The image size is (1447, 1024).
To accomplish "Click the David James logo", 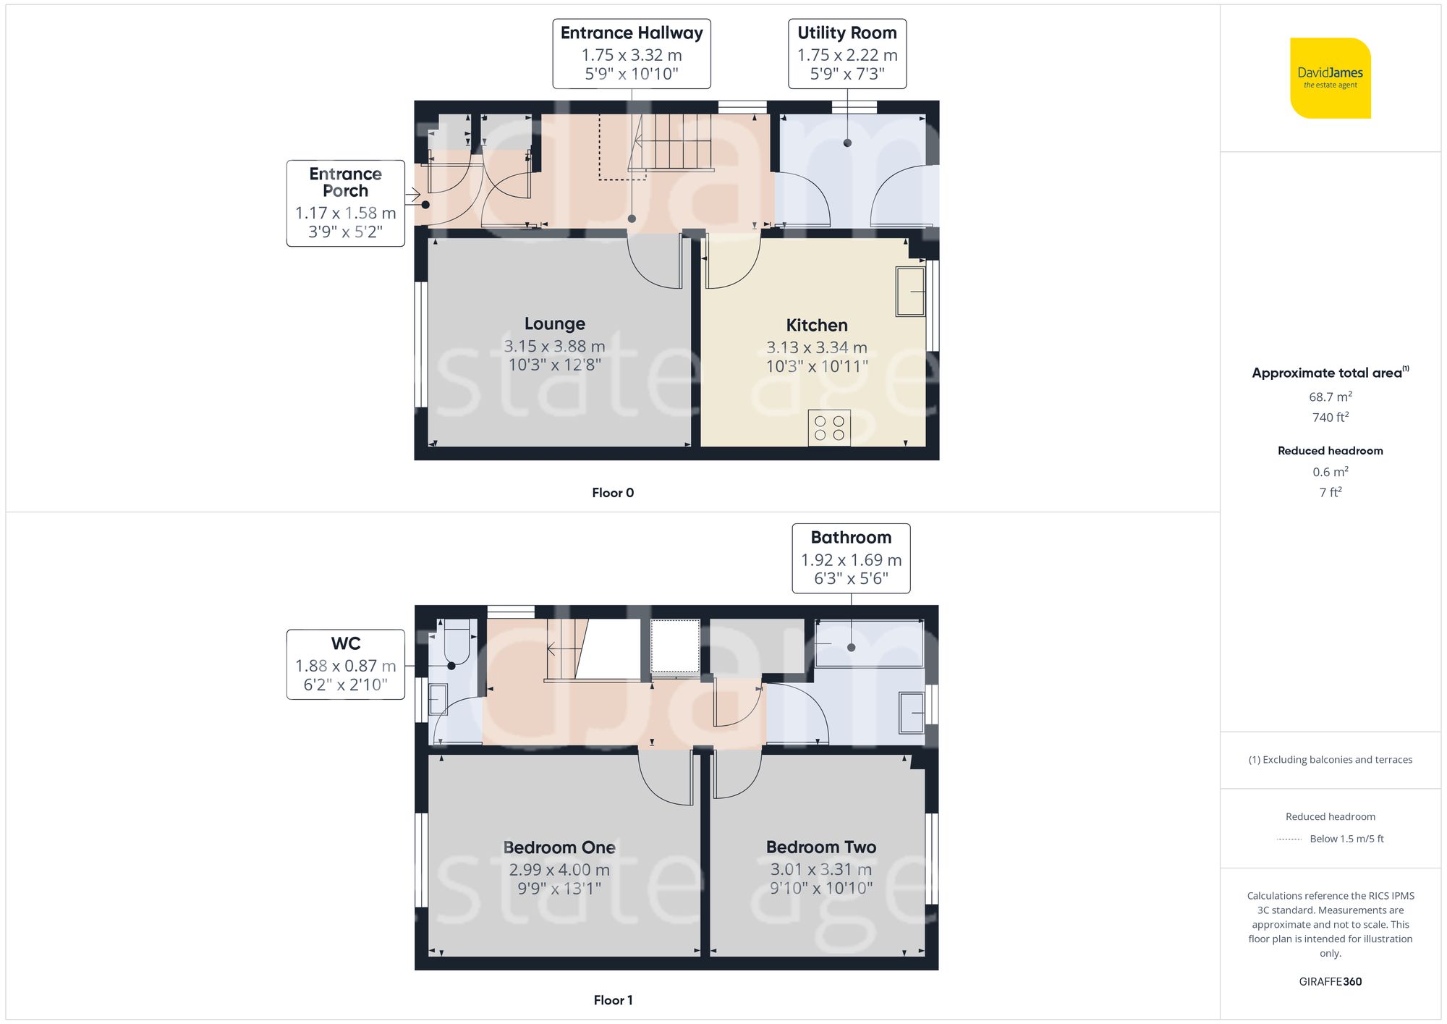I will [x=1330, y=78].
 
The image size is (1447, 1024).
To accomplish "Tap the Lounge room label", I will [x=555, y=323].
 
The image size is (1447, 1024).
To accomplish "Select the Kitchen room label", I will [x=817, y=326].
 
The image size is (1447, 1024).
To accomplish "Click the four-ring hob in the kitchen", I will [x=829, y=428].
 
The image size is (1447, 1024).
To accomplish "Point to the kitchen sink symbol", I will [x=910, y=292].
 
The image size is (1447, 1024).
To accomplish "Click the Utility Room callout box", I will [x=847, y=54].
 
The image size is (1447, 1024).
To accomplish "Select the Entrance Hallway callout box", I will [x=632, y=54].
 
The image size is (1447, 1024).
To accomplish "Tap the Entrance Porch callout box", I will [x=345, y=203].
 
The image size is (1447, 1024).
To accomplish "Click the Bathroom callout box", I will [x=851, y=559].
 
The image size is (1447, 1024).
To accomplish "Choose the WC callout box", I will [x=345, y=664].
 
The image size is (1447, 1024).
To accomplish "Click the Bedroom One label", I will [x=559, y=847].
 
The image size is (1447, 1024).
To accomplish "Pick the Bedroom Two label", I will [x=821, y=847].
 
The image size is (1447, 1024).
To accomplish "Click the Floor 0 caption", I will [x=613, y=493].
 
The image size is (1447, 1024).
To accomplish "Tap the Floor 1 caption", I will [x=613, y=1000].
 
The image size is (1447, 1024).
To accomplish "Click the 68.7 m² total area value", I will [x=1330, y=397].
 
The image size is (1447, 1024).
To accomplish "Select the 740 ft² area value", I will [x=1330, y=418].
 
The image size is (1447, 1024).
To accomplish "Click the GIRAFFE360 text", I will [x=1330, y=982].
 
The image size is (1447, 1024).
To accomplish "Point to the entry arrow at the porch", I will [x=412, y=195].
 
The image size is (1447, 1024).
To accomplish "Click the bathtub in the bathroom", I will [x=869, y=643].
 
